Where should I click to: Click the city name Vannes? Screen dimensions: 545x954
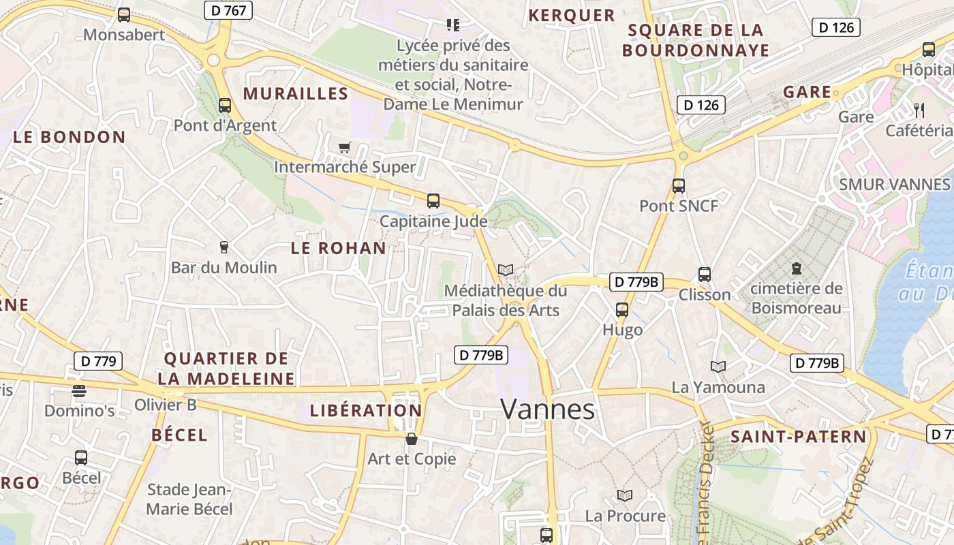(547, 409)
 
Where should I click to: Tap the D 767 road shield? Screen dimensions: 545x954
(228, 10)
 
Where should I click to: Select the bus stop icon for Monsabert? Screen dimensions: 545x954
(123, 15)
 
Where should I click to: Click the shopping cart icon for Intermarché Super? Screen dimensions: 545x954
(345, 147)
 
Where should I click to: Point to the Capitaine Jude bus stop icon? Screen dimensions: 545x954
(433, 201)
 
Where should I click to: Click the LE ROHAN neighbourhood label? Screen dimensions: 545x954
(339, 248)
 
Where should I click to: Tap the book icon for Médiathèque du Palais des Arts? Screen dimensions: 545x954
(505, 270)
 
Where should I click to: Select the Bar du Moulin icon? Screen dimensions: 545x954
(224, 247)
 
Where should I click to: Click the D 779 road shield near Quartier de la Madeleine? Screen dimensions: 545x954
(98, 361)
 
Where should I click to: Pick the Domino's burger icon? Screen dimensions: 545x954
(79, 391)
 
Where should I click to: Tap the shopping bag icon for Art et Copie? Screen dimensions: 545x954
(411, 439)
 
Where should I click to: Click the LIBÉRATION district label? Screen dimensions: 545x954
(366, 411)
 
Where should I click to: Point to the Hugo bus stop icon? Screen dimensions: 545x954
(622, 310)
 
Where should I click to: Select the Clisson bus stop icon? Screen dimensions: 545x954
(705, 275)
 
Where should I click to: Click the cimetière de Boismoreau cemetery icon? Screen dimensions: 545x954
(796, 268)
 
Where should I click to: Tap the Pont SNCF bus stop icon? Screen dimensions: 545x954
(678, 185)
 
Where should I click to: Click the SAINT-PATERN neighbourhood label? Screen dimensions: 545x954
(798, 437)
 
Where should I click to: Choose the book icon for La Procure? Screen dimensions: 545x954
(625, 495)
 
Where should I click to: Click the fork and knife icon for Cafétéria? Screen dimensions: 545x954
(919, 110)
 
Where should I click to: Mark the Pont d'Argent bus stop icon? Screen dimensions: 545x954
(225, 106)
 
